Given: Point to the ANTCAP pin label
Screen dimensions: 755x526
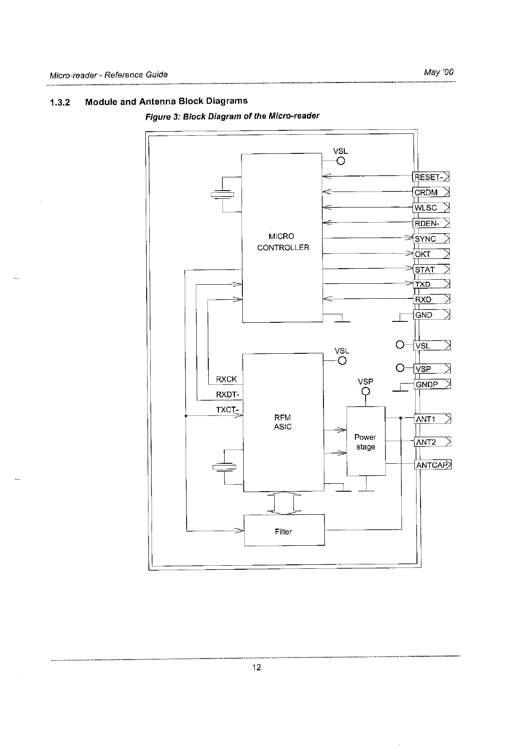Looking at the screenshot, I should [x=432, y=465].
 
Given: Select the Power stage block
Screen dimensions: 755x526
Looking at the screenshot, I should [x=366, y=442].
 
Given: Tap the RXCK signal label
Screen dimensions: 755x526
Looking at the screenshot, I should [x=226, y=379].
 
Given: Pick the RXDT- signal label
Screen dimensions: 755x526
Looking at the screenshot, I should [x=227, y=395].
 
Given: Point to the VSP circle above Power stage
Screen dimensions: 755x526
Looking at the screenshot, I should [x=366, y=391].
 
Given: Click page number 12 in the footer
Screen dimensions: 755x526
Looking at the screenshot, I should [x=257, y=668].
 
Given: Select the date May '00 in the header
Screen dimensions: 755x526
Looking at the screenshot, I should [x=439, y=72].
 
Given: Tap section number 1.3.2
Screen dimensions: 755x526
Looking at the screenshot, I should [x=60, y=103].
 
